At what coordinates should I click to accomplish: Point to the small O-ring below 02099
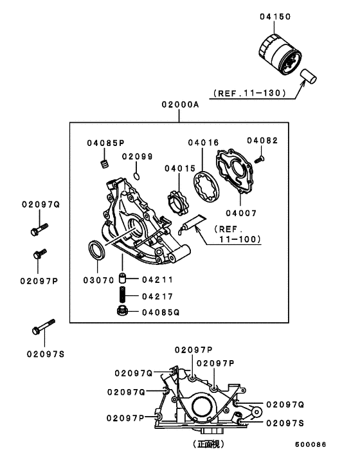tap(137, 174)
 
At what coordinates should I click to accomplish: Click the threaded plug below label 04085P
tap(102, 167)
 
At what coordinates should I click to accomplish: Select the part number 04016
tap(203, 142)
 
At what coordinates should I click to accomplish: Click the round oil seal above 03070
tap(96, 250)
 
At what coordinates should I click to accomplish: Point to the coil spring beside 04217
tap(122, 296)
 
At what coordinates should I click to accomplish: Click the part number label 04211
tap(156, 280)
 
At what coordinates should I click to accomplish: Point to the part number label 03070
tap(98, 280)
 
